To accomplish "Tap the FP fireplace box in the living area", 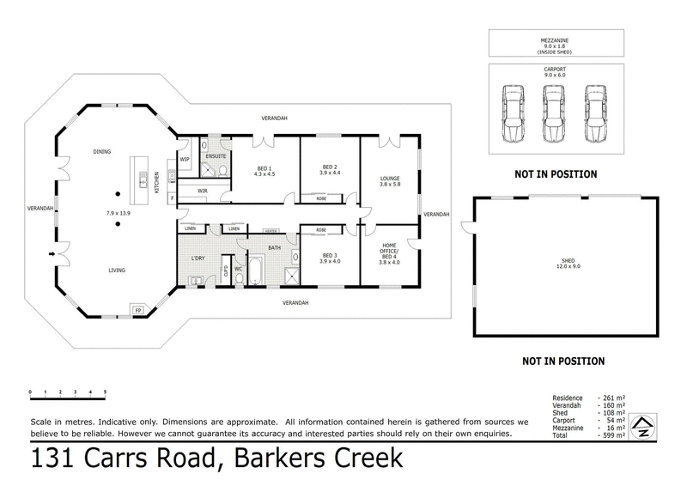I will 137,308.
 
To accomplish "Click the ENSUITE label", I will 216,156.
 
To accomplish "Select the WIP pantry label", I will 185,159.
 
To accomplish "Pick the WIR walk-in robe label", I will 204,191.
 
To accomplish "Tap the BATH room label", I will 274,248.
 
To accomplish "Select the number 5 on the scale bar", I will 105,392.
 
